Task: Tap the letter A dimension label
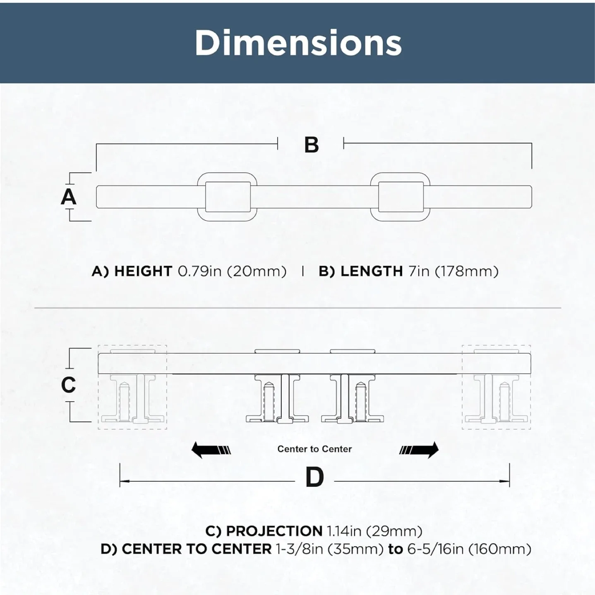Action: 68,197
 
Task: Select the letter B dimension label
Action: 312,145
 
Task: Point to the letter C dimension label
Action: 68,385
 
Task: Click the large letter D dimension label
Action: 314,477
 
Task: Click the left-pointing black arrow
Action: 211,450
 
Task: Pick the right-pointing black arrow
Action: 419,450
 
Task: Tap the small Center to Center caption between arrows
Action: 314,449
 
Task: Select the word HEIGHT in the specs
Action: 143,271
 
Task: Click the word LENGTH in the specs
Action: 372,271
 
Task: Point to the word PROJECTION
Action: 274,531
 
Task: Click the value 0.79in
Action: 200,271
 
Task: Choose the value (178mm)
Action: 467,271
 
